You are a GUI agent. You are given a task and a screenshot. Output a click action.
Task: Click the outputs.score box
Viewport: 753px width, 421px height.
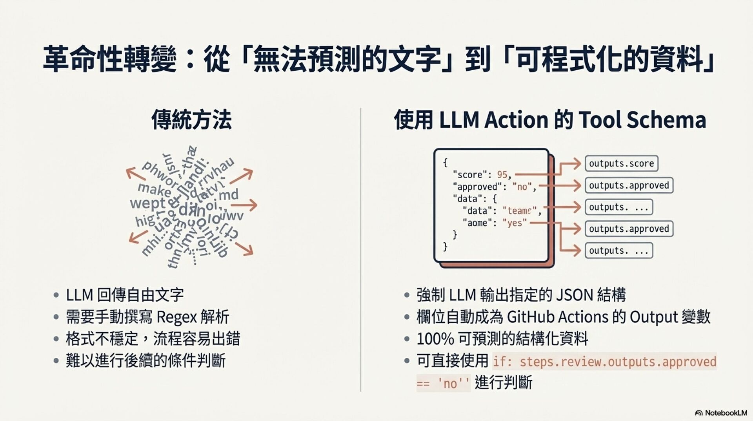621,163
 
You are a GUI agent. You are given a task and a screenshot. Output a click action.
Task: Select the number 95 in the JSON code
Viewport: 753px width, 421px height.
502,175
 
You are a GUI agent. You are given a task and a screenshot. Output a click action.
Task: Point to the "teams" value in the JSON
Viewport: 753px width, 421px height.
519,211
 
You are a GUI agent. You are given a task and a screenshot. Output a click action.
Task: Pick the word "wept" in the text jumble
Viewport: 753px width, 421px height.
147,203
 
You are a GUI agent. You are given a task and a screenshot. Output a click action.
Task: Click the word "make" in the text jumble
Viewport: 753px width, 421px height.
154,190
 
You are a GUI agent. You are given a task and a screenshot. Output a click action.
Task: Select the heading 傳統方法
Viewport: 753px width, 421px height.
191,120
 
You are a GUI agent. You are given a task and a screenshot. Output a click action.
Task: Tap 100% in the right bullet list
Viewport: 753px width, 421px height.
435,339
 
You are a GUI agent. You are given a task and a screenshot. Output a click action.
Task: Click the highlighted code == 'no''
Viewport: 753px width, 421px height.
443,383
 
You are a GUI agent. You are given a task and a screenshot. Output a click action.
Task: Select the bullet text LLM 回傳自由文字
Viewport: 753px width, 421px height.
125,295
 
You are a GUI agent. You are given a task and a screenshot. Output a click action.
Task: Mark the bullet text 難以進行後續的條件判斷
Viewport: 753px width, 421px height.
146,361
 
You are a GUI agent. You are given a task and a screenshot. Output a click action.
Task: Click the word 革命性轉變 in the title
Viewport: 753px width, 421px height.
110,59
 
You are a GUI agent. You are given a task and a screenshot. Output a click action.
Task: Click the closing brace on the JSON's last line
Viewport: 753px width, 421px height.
445,247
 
